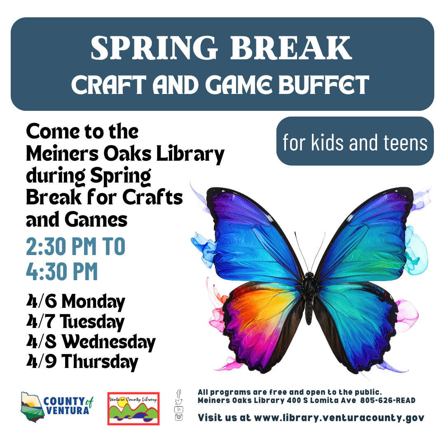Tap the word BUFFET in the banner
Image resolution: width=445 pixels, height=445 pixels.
coord(324,85)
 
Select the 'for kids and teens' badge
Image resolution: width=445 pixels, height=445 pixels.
coord(355,141)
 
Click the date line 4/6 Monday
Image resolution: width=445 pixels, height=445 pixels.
coord(75,302)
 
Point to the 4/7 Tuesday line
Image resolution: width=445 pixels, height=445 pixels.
coord(75,322)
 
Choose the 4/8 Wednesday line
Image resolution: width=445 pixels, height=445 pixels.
coord(91,342)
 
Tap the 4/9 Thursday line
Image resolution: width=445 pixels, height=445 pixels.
coord(82,362)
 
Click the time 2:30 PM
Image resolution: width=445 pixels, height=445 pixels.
coord(61,246)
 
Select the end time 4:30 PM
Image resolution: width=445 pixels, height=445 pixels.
coord(62,272)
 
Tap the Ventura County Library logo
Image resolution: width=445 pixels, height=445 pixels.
coord(133,409)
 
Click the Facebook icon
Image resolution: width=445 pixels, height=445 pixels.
coord(179,393)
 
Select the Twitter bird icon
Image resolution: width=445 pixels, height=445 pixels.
coord(179,402)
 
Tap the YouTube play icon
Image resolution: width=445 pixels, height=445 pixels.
coord(179,409)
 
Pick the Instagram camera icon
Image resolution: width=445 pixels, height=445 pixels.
coord(179,417)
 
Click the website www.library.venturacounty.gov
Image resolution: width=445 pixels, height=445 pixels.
coord(339,418)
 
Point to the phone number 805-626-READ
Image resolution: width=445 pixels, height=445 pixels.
coord(388,400)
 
